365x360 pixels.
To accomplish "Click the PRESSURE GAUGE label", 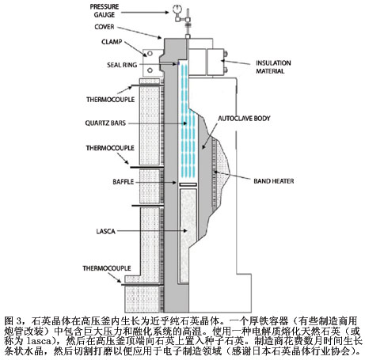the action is pos(105,10).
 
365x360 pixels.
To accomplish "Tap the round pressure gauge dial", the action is pos(176,9).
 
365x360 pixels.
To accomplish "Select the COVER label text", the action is pos(105,27).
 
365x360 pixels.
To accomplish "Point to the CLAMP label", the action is pos(112,42).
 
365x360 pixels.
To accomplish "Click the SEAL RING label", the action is pos(122,65).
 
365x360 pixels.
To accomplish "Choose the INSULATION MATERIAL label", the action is pos(273,67).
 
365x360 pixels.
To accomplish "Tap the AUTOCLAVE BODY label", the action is pos(244,119).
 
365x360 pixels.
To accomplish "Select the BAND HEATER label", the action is pos(274,181).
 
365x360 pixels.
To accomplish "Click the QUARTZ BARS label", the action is pos(105,123).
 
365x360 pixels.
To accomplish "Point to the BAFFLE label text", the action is pos(124,182).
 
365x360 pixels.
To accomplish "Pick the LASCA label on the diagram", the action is pos(105,231).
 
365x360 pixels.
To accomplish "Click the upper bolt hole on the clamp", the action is pos(150,54).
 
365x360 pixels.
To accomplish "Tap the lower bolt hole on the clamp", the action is pos(150,70).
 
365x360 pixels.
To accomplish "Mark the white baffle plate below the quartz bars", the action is pos(188,184).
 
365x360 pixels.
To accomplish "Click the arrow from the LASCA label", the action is pos(152,231).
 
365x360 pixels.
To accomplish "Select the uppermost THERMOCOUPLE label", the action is pos(110,100).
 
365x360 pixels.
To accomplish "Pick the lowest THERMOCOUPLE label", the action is pos(107,268).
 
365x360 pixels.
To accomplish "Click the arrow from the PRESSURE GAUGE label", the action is pos(145,12).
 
